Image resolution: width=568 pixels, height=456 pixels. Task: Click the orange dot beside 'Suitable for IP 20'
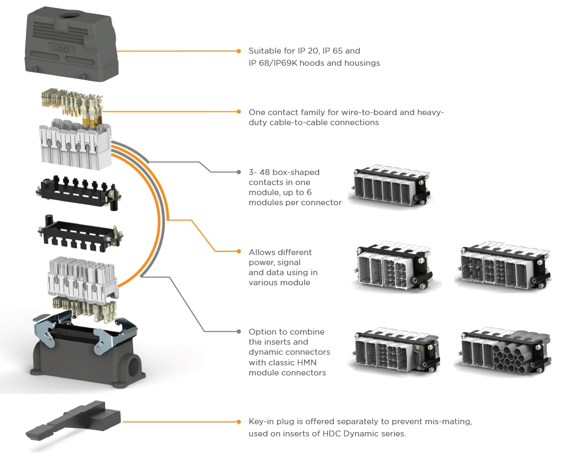click(239, 51)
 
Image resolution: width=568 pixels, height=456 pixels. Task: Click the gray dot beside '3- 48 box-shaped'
click(239, 172)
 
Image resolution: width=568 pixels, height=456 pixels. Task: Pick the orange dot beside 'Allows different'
click(239, 252)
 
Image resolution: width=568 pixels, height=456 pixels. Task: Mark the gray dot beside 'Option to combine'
click(239, 331)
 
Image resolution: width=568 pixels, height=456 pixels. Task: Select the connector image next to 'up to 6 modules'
click(392, 186)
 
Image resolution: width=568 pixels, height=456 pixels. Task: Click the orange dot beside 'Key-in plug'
click(239, 422)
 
